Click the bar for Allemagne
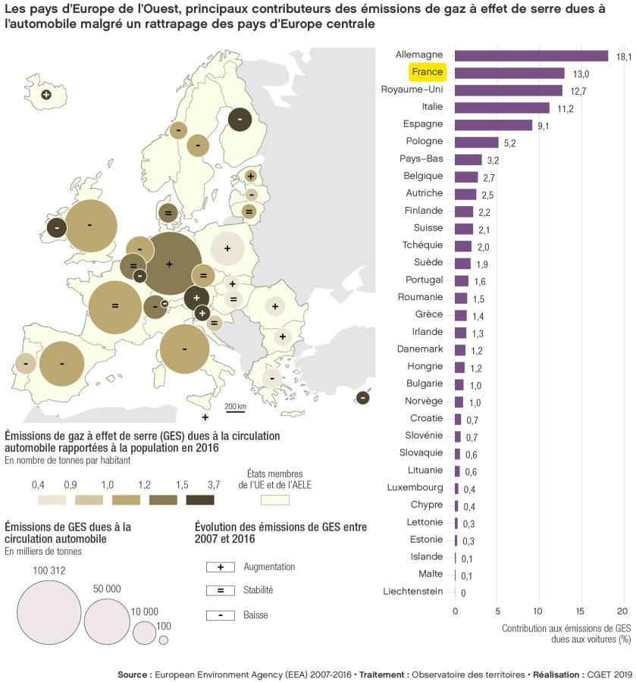(531, 55)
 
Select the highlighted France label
(428, 73)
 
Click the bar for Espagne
(493, 125)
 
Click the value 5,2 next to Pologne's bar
(509, 143)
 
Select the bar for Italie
(502, 108)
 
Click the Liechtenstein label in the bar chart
(413, 591)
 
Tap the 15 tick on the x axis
(581, 610)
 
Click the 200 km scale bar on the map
(236, 412)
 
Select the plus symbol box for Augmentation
(220, 567)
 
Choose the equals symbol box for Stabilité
(220, 590)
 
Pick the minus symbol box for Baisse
(220, 615)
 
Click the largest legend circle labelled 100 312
(49, 612)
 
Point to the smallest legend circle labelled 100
(163, 640)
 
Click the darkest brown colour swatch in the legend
(199, 499)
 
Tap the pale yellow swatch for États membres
(274, 499)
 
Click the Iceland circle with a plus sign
(45, 94)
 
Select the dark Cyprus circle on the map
(363, 398)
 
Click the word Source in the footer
(133, 674)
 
